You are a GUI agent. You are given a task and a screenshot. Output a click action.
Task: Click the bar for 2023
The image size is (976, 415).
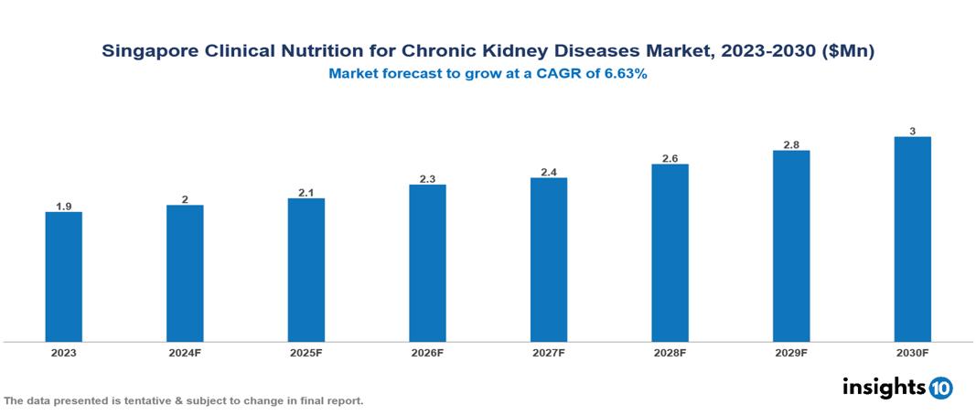tap(63, 277)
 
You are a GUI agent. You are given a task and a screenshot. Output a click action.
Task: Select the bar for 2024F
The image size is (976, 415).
tap(185, 273)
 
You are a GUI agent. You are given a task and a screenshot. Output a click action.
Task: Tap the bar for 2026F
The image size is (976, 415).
tap(427, 263)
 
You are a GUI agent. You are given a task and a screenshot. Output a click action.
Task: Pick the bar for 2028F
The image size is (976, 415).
tap(670, 253)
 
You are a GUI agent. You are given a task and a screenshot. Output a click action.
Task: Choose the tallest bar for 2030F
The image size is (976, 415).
tap(912, 239)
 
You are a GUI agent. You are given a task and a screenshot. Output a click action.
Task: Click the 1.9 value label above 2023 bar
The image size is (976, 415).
tap(63, 207)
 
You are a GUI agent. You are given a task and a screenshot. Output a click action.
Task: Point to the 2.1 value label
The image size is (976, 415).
tap(306, 193)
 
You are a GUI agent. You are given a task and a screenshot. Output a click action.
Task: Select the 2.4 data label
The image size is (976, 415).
tap(549, 172)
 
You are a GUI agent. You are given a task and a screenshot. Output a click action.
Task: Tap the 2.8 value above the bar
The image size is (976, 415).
tap(791, 144)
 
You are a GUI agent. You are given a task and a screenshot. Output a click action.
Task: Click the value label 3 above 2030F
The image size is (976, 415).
tap(912, 132)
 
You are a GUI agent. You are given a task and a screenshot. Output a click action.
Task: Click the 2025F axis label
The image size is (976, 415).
tap(306, 352)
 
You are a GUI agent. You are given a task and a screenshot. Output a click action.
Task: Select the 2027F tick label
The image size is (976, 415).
tap(549, 352)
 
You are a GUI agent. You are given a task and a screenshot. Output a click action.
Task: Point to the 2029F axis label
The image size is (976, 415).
tap(791, 352)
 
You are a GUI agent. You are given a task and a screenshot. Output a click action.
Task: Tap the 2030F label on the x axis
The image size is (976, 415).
tap(912, 352)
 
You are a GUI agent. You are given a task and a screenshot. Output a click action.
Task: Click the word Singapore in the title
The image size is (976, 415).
tap(148, 52)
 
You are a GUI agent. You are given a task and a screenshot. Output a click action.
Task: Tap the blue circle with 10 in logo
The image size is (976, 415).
tap(940, 388)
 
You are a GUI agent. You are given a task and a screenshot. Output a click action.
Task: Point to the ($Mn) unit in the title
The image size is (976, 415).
tap(849, 52)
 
